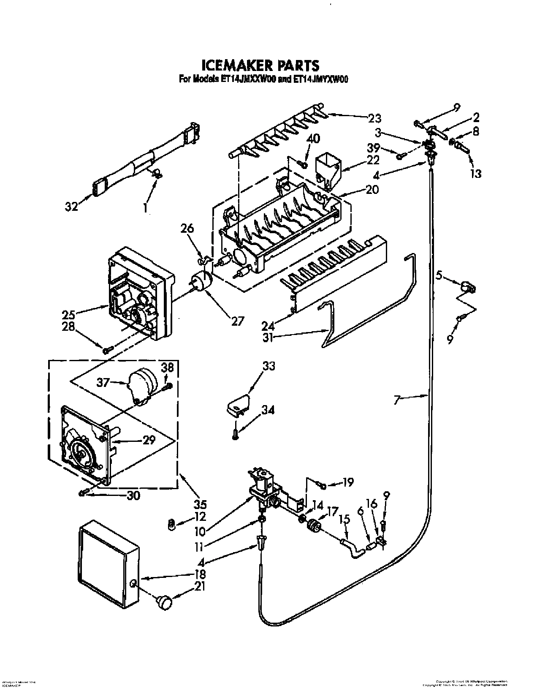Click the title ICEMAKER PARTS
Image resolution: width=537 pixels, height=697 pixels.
tap(260, 65)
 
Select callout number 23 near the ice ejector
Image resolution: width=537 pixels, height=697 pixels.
tap(374, 118)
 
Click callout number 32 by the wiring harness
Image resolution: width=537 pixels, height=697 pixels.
tap(72, 207)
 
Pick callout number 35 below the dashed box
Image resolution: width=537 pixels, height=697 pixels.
tap(200, 504)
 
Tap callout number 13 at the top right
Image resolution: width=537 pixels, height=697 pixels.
tap(475, 174)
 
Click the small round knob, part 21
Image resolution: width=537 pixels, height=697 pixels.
tap(164, 602)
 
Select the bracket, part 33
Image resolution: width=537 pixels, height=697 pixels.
tap(236, 405)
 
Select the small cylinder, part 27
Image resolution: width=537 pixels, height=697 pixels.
tap(201, 281)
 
